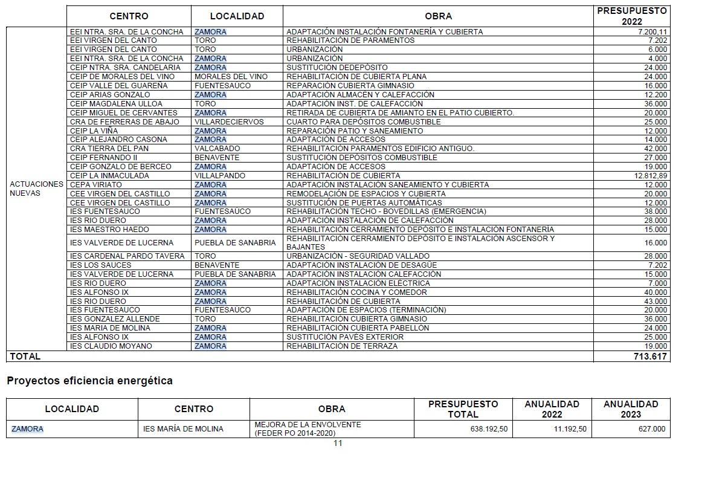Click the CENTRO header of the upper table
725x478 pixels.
tap(129, 16)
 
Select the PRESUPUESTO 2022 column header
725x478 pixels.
tap(631, 16)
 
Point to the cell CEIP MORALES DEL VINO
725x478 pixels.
tap(122, 77)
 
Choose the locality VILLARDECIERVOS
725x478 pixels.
tap(229, 121)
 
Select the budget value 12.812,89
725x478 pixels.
tap(651, 176)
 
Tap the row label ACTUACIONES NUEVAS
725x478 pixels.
tap(36, 189)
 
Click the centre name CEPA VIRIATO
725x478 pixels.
tap(95, 185)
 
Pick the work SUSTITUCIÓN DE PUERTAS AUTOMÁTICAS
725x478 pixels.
tap(364, 203)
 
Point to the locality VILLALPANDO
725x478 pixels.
tap(220, 176)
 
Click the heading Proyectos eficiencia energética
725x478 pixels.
tap(89, 381)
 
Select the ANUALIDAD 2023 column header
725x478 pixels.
tap(630, 409)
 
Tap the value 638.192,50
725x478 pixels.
tap(489, 429)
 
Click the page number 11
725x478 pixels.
tap(338, 443)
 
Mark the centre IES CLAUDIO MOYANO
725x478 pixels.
tap(111, 346)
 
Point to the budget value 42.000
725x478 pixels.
tap(656, 149)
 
